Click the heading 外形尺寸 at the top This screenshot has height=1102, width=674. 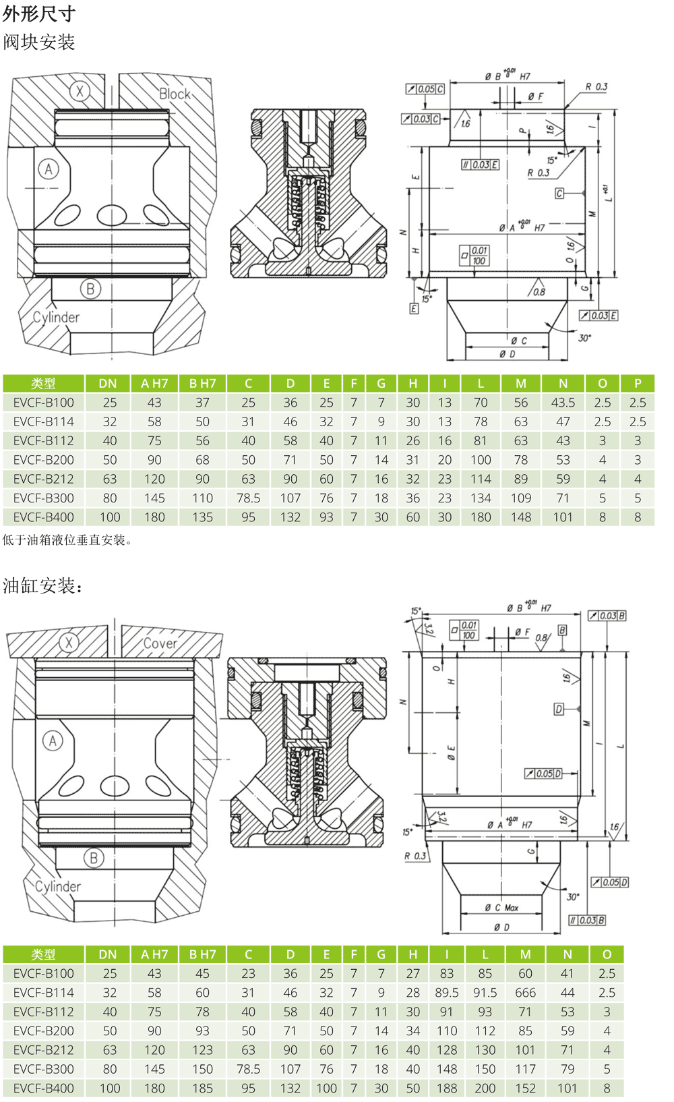point(38,13)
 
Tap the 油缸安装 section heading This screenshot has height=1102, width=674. point(42,585)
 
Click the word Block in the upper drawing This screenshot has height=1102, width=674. point(175,94)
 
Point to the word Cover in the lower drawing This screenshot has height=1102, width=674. point(160,643)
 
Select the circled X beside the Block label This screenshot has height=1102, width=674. point(80,91)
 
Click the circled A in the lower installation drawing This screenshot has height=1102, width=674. point(53,741)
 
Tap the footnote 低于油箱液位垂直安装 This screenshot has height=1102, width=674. point(67,540)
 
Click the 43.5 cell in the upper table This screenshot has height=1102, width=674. point(563,403)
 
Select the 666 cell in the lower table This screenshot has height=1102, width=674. point(525,993)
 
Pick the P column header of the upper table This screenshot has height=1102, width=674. point(637,384)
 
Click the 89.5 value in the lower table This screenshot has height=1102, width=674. point(446,993)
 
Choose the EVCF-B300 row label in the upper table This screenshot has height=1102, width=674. point(44,498)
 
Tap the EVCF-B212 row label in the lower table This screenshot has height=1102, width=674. point(44,1050)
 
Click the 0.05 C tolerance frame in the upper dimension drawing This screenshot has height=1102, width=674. point(425,89)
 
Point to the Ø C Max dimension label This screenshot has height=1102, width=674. point(501,908)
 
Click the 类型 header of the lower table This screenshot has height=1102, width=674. point(43,954)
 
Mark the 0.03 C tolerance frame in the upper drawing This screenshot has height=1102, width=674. point(421,119)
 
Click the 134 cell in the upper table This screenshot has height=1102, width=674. point(481,498)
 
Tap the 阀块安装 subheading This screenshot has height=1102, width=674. point(38,42)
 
